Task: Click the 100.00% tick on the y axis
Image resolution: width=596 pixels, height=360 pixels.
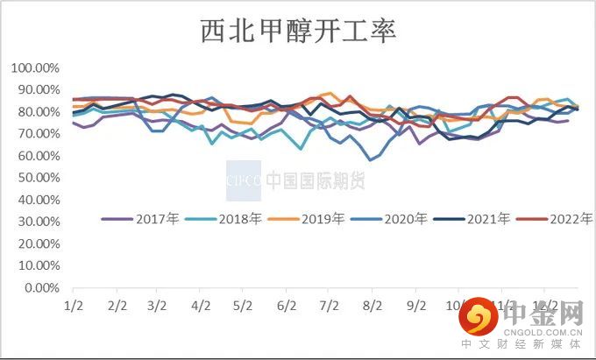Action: (35, 68)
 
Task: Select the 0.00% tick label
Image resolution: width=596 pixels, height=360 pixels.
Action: (40, 287)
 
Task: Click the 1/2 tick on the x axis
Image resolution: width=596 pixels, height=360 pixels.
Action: (72, 306)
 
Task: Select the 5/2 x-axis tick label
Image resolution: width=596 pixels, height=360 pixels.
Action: (243, 306)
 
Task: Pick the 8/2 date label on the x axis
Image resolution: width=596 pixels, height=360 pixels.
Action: (372, 306)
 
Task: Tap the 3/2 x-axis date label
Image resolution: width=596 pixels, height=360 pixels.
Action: (157, 306)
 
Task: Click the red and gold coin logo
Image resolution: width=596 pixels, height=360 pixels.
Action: (477, 321)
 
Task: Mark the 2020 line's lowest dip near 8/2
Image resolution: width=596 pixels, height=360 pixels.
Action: (372, 159)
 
